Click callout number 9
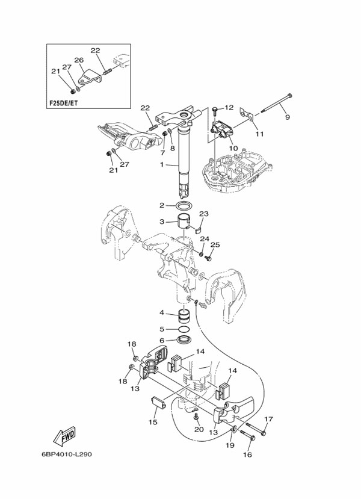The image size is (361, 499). (287, 117)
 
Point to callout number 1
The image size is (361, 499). (162, 164)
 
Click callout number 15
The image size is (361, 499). (152, 423)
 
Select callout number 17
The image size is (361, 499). (268, 419)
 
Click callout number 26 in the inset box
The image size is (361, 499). (79, 60)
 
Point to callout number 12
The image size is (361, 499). (228, 108)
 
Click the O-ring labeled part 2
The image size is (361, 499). (185, 206)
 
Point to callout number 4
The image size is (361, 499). (162, 312)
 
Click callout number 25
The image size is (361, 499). (215, 245)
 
